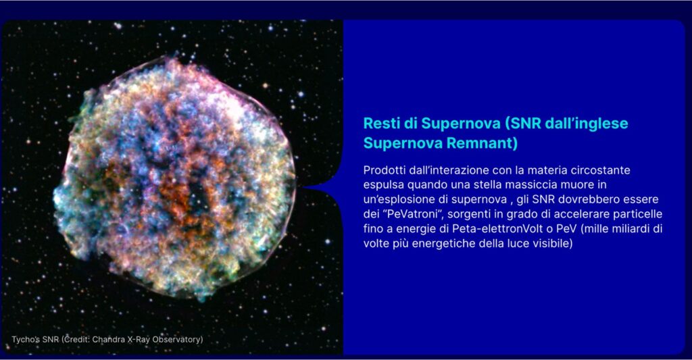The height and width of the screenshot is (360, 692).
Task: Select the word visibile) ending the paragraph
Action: (553, 243)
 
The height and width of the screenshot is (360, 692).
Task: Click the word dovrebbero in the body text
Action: (589, 199)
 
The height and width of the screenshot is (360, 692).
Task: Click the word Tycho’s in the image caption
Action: (26, 340)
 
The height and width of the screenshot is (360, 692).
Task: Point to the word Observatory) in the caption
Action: (178, 340)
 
